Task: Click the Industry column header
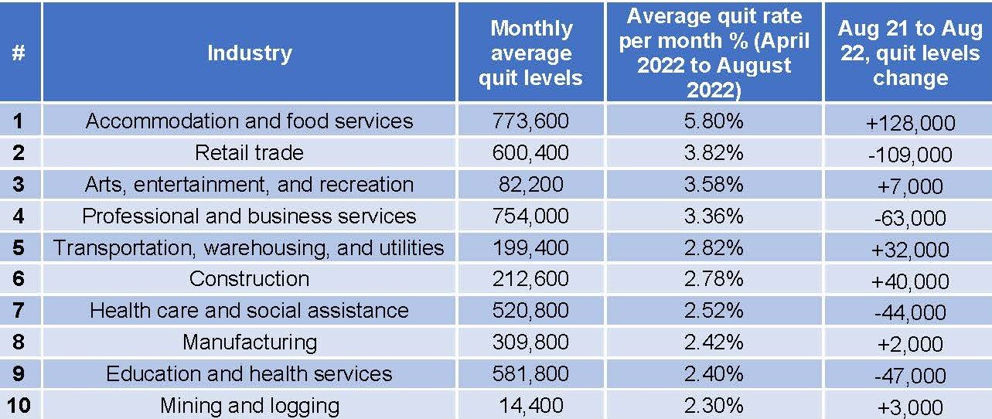[249, 53]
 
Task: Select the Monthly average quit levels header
[530, 53]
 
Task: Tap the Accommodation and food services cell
[249, 121]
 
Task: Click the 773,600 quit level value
[530, 121]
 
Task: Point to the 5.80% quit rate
[714, 121]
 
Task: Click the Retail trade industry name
[249, 152]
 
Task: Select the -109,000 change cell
[909, 155]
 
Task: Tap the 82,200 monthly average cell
[530, 184]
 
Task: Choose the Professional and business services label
[249, 216]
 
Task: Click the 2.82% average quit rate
[714, 247]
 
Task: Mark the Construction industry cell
[249, 278]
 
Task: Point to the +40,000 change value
[910, 281]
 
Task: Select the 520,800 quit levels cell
[530, 310]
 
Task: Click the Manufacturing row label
[249, 342]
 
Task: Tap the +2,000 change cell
[910, 345]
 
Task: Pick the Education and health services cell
[249, 373]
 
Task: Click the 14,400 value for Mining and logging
[530, 404]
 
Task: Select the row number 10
[19, 405]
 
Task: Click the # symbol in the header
[19, 53]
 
